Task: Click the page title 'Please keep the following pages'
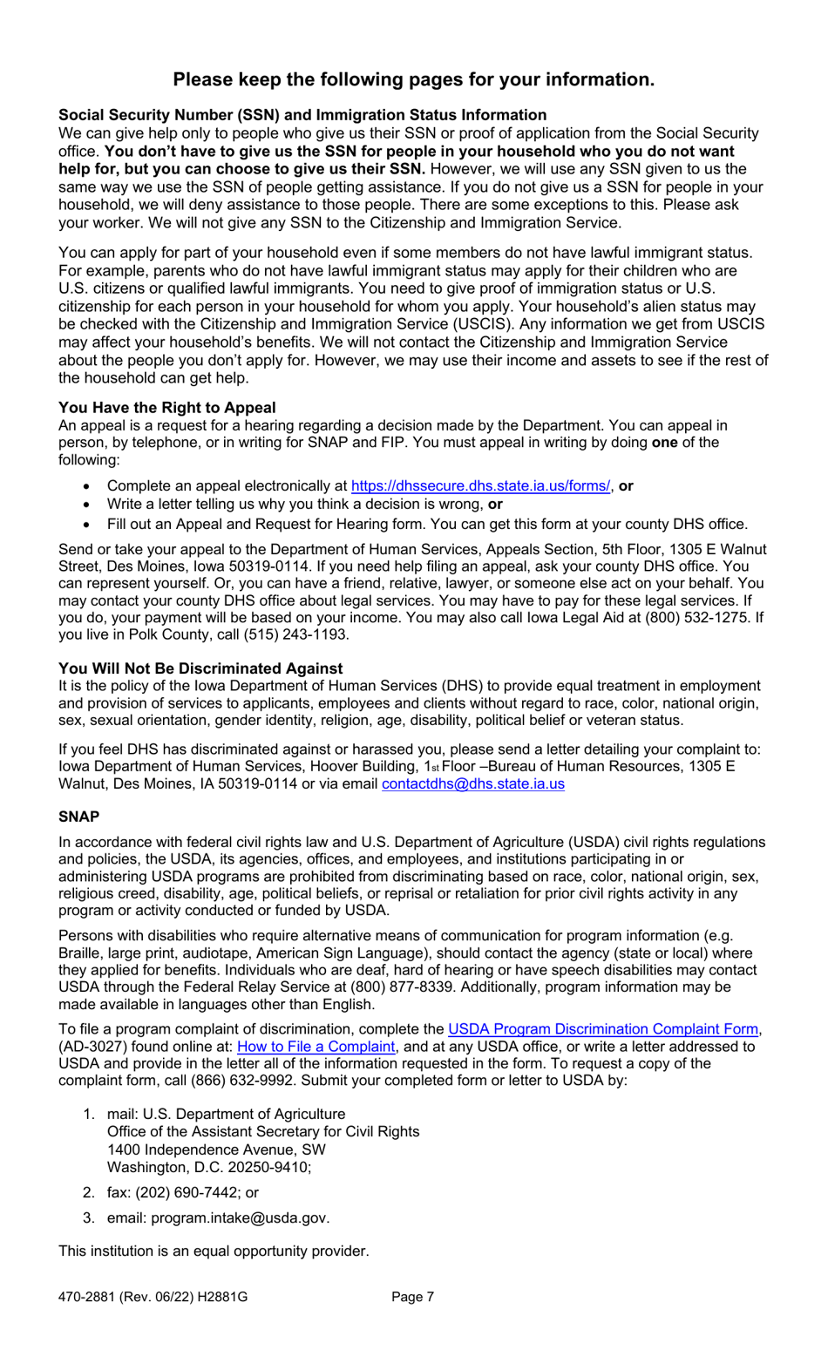click(x=413, y=79)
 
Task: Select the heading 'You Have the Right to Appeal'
click(x=166, y=408)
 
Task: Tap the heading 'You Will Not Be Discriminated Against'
click(x=200, y=668)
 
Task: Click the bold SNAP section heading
click(x=78, y=817)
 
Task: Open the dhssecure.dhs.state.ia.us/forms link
click(x=480, y=486)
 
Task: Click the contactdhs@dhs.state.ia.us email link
click(x=472, y=783)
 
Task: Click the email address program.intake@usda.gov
click(x=240, y=1218)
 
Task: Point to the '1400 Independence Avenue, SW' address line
click(x=216, y=1149)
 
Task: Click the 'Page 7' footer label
click(x=412, y=1297)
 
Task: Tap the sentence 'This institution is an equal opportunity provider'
click(x=214, y=1251)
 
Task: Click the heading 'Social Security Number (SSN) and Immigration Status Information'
click(x=302, y=115)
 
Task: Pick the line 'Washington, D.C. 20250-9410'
click(x=208, y=1167)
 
